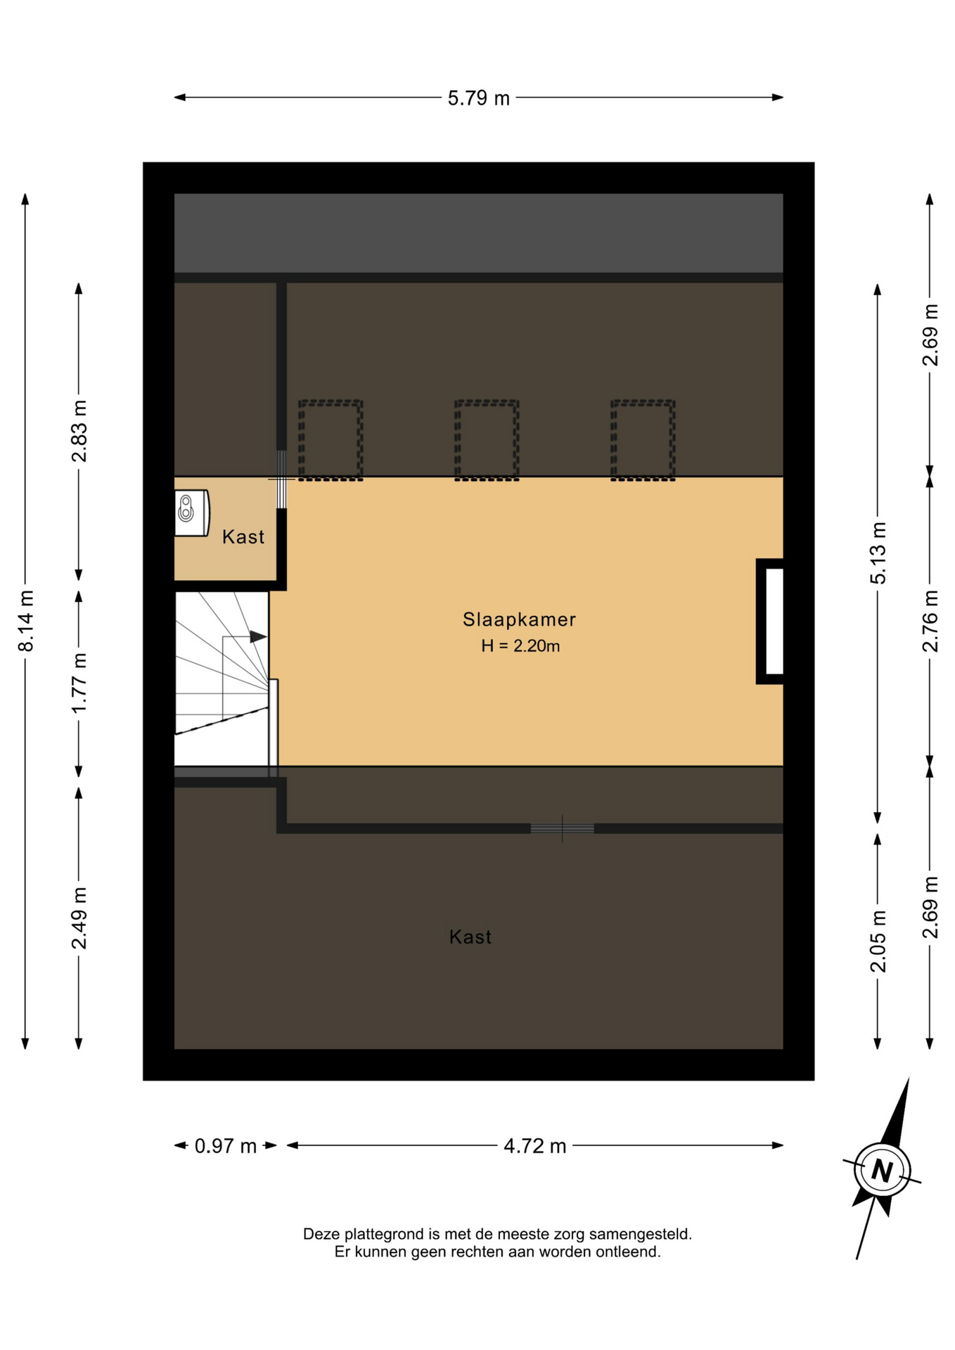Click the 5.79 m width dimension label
[x=478, y=98]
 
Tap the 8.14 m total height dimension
[x=26, y=621]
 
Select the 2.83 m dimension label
[x=79, y=431]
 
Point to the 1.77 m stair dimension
[x=79, y=682]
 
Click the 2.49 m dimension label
[x=79, y=918]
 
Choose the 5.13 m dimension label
[x=878, y=553]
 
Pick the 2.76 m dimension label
[x=930, y=621]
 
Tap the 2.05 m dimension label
[x=878, y=941]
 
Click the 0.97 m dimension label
[x=226, y=1146]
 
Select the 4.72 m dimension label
[x=535, y=1146]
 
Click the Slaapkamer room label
[x=519, y=619]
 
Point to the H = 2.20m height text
[x=520, y=646]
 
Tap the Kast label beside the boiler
[x=243, y=537]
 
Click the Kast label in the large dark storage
[x=470, y=937]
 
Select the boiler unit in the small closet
[x=192, y=513]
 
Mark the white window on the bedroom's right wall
[x=774, y=622]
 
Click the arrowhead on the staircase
[x=258, y=637]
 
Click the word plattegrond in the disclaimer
[x=384, y=1234]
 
